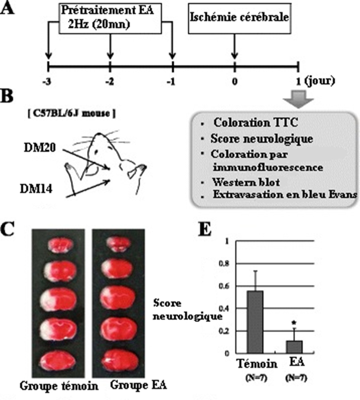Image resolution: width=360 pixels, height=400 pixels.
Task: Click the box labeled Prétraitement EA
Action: tap(110, 19)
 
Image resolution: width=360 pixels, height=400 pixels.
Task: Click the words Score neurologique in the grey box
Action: tap(261, 139)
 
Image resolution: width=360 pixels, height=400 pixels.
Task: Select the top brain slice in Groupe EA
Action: tap(117, 244)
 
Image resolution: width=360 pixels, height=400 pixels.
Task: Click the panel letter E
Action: tap(204, 231)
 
